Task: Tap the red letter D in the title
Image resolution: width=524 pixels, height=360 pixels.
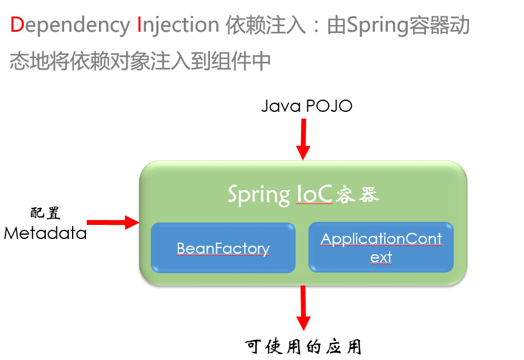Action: (x=17, y=25)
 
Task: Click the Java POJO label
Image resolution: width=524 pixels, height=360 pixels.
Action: (x=307, y=106)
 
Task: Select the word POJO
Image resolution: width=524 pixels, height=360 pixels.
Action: (x=329, y=106)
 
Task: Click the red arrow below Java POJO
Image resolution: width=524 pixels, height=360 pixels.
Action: (x=303, y=139)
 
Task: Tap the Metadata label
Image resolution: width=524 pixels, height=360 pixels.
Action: (x=45, y=233)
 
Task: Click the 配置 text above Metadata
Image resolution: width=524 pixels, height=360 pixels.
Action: (x=45, y=213)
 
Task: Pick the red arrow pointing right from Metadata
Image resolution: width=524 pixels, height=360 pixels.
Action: (x=114, y=222)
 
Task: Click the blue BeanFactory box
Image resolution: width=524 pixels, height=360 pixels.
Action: (x=223, y=248)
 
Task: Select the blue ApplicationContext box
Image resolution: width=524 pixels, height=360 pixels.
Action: (x=381, y=248)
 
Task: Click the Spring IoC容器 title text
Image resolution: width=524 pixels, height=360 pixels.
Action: (x=304, y=194)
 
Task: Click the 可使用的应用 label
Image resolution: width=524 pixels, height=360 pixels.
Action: (x=304, y=347)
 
